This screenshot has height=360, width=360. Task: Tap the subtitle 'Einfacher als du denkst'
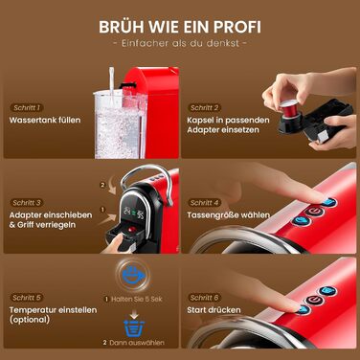[x=180, y=44]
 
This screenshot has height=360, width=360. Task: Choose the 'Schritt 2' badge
[x=205, y=107]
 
